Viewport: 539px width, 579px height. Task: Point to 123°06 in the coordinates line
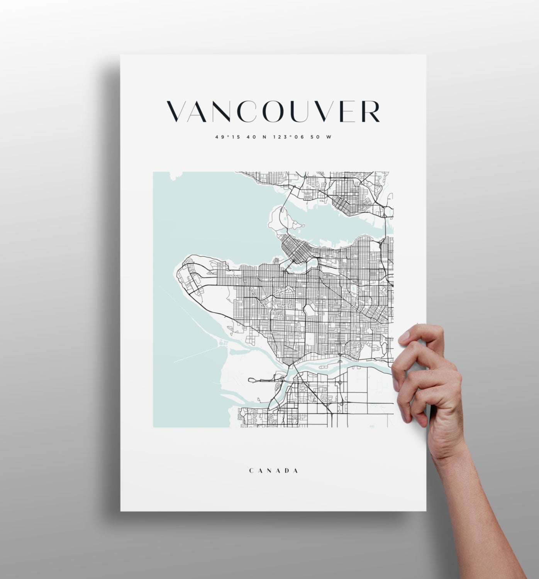click(284, 137)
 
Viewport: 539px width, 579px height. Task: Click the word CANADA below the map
click(273, 471)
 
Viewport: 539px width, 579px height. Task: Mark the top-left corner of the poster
click(121, 55)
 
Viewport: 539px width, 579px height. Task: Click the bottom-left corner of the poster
click(121, 511)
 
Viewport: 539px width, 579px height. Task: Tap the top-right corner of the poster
click(426, 55)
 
